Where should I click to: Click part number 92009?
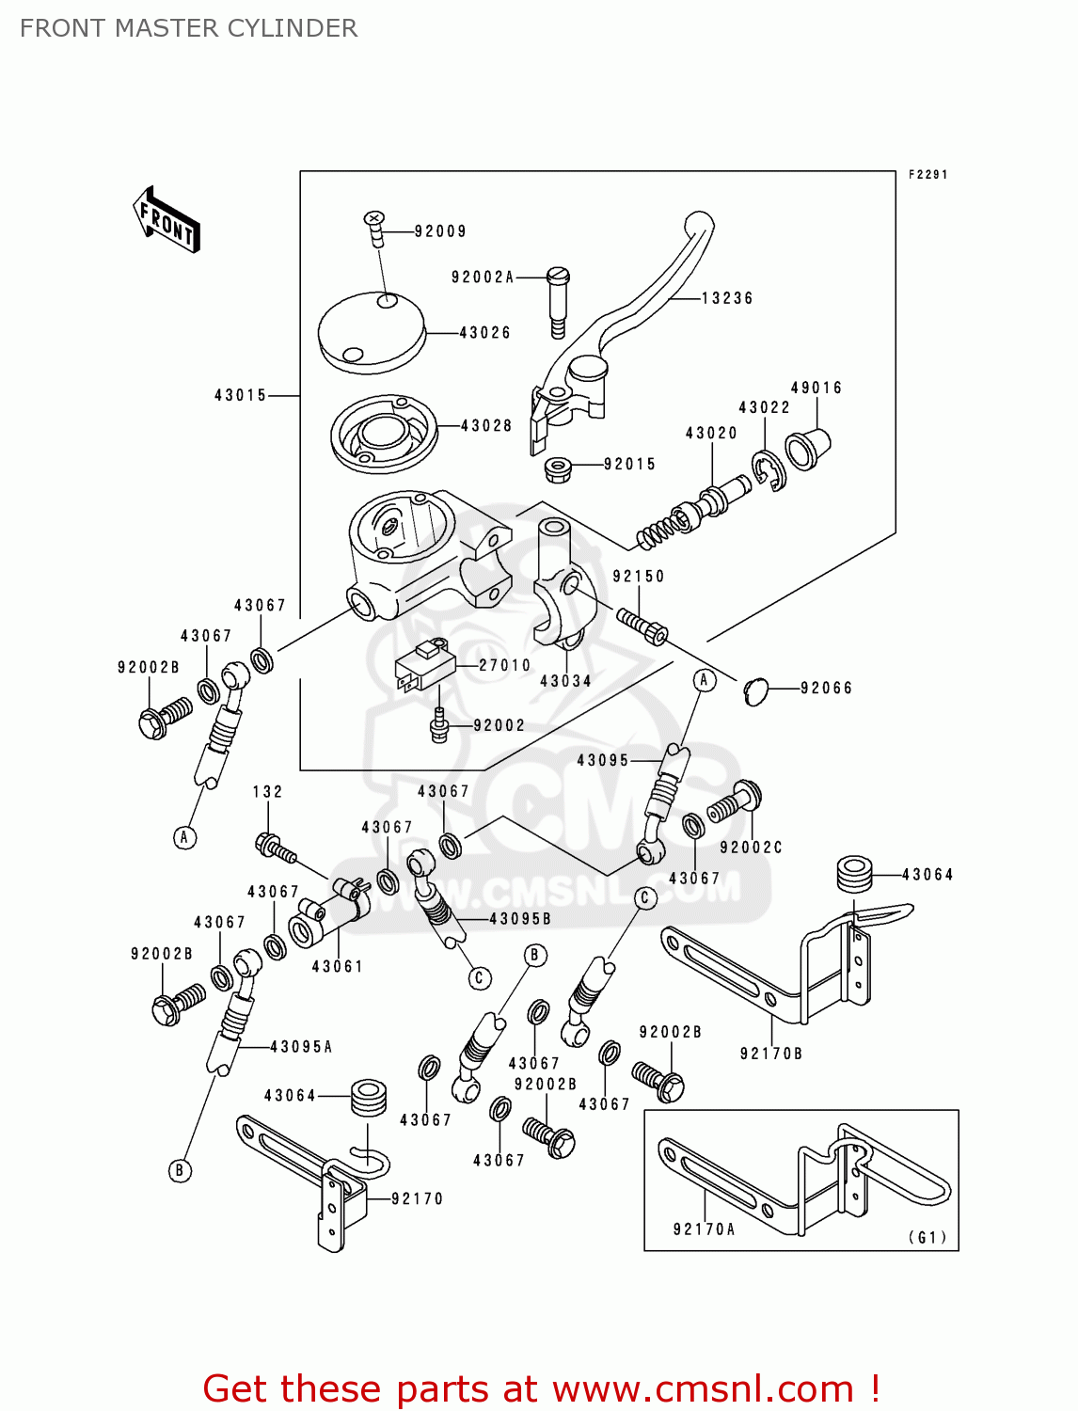[x=439, y=231]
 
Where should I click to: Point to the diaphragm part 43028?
[x=384, y=434]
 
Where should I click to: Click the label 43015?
[x=241, y=396]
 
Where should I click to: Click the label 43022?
[x=764, y=407]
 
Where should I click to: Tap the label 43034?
[x=565, y=681]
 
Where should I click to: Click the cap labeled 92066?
[x=756, y=691]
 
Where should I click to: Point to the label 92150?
[x=639, y=577]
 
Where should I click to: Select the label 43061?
[x=337, y=966]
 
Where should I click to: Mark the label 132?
[x=267, y=792]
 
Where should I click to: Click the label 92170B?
[x=771, y=1054]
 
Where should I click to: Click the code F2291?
[x=927, y=175]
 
